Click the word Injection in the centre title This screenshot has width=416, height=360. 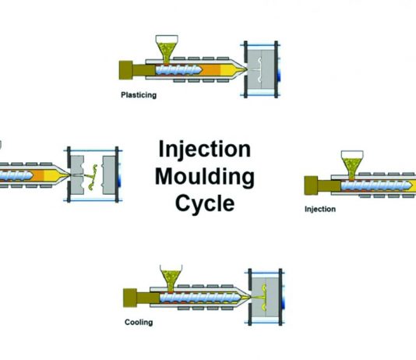click(x=205, y=150)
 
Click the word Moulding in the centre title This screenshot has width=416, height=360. click(x=205, y=176)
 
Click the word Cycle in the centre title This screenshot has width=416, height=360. click(x=205, y=203)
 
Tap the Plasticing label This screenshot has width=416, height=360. click(x=139, y=95)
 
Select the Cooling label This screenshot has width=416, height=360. click(x=139, y=323)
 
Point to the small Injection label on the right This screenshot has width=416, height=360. click(x=320, y=209)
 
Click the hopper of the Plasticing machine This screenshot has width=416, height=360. click(x=167, y=50)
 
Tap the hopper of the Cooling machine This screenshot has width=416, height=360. click(x=171, y=278)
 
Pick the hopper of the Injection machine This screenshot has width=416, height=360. click(x=352, y=165)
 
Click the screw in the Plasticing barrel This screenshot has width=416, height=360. click(x=178, y=70)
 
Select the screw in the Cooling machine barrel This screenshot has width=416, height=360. click(x=200, y=298)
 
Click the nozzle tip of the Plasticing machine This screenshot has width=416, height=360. click(x=245, y=69)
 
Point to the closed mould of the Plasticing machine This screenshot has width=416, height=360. click(x=260, y=69)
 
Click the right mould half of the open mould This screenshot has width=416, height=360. click(x=109, y=175)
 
